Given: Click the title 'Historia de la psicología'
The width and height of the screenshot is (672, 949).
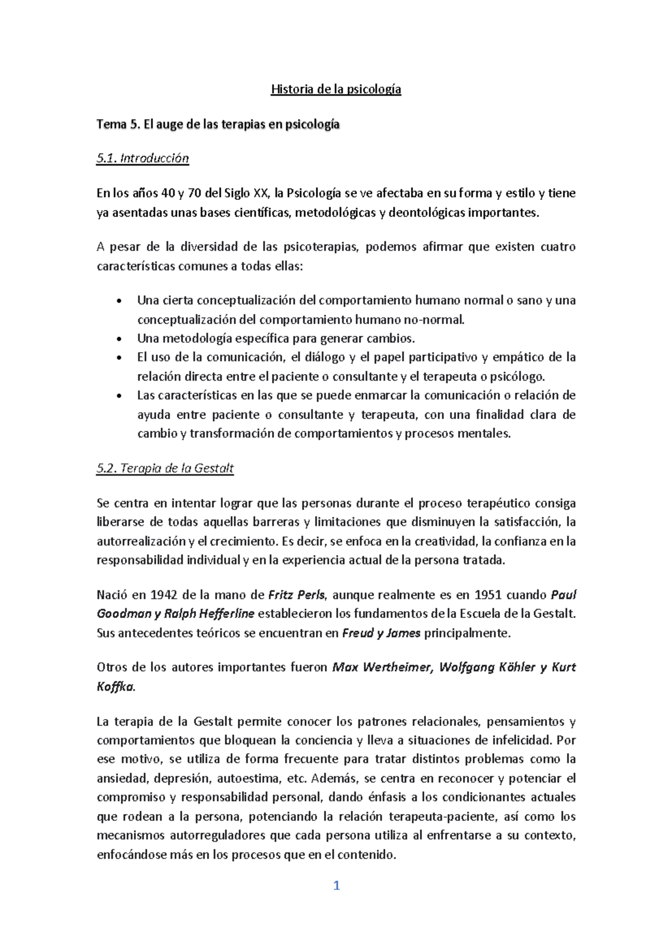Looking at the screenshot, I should pyautogui.click(x=336, y=90).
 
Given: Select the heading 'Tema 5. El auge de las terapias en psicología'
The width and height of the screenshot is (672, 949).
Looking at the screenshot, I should pyautogui.click(x=218, y=125).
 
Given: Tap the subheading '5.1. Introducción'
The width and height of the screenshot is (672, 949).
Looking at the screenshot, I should pyautogui.click(x=143, y=159).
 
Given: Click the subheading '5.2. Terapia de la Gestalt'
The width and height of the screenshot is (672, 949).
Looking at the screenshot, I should pyautogui.click(x=165, y=468).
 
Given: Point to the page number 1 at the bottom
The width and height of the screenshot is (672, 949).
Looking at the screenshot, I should pyautogui.click(x=337, y=886).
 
